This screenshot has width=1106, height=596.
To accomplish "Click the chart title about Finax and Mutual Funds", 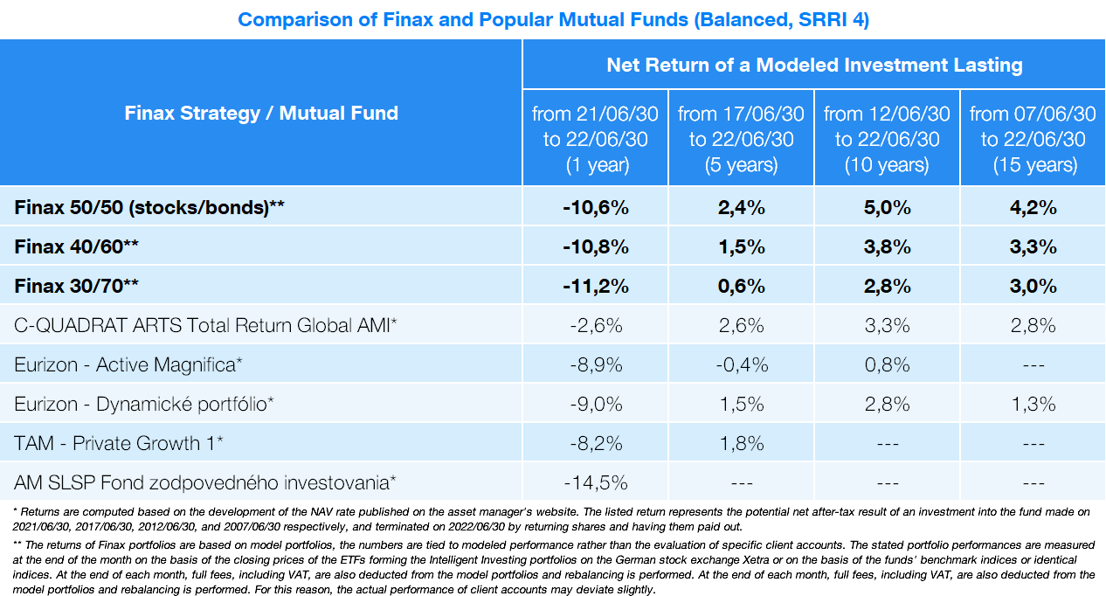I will [x=553, y=19].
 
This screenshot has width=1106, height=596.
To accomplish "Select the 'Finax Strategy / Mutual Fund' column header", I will [x=261, y=113].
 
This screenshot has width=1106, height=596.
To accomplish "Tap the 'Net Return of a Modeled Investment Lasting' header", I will [x=814, y=65].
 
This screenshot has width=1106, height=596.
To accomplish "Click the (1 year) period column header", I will [x=595, y=139].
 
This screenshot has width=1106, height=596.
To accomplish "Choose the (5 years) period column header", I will [x=741, y=139].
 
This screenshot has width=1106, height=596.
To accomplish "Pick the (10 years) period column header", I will [x=887, y=139].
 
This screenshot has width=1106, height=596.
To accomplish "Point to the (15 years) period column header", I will [x=1033, y=139].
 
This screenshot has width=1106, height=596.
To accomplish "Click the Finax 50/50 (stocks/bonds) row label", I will [x=150, y=208].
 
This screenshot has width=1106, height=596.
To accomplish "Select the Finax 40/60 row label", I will [x=77, y=247].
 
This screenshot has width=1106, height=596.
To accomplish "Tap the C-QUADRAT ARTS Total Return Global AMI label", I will [x=206, y=326].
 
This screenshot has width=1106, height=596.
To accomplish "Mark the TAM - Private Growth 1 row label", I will [x=119, y=443].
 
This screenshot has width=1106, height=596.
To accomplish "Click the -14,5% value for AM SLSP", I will [x=595, y=482].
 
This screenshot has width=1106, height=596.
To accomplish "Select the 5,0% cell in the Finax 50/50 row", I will [x=887, y=208].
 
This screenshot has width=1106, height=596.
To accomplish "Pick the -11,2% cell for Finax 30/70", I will [x=595, y=287].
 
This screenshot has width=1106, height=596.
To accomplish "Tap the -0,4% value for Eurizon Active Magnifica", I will [x=741, y=365].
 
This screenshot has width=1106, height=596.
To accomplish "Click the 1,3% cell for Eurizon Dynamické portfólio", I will [x=1033, y=404].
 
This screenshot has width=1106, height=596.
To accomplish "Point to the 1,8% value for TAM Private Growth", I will [x=741, y=443].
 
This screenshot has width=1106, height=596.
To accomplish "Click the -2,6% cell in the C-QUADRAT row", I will [x=595, y=326].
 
